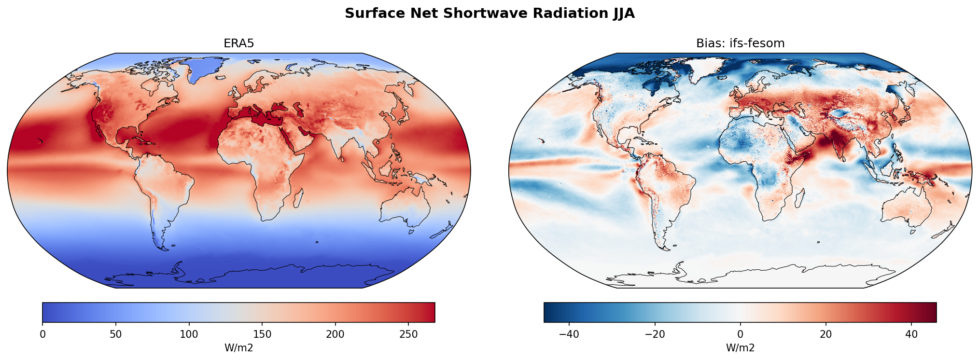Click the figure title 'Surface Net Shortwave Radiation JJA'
click(x=489, y=14)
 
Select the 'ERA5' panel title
click(x=238, y=43)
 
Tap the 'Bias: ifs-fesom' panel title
click(x=740, y=43)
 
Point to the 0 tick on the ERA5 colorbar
click(x=42, y=334)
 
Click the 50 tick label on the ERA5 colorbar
click(x=116, y=334)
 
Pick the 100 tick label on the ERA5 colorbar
click(x=189, y=334)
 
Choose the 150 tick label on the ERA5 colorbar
click(x=262, y=334)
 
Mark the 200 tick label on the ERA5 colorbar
click(x=335, y=334)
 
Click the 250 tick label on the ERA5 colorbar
click(x=408, y=334)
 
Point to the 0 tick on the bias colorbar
click(x=740, y=334)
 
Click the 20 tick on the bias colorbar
click(x=825, y=334)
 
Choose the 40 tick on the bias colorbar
click(x=911, y=334)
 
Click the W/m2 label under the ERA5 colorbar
click(x=238, y=347)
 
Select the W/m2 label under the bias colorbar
click(x=740, y=347)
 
